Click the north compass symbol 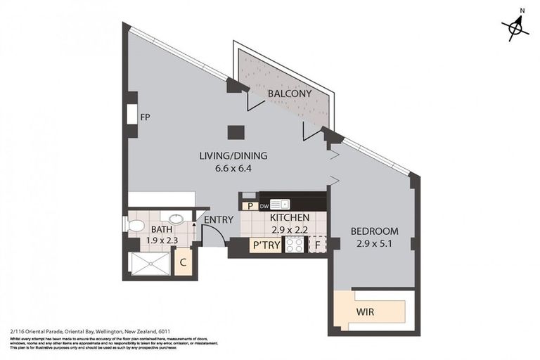pyautogui.click(x=517, y=27)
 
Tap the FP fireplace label pyautogui.click(x=146, y=117)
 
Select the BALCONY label pyautogui.click(x=289, y=94)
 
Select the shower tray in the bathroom pyautogui.click(x=150, y=264)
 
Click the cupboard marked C pyautogui.click(x=183, y=263)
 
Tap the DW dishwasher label pyautogui.click(x=264, y=206)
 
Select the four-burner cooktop pyautogui.click(x=293, y=245)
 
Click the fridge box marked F pyautogui.click(x=319, y=245)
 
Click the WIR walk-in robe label pyautogui.click(x=365, y=311)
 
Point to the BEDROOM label pyautogui.click(x=374, y=231)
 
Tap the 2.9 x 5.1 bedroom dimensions pyautogui.click(x=374, y=243)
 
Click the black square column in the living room pyautogui.click(x=236, y=131)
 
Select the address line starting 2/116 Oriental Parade pyautogui.click(x=90, y=331)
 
